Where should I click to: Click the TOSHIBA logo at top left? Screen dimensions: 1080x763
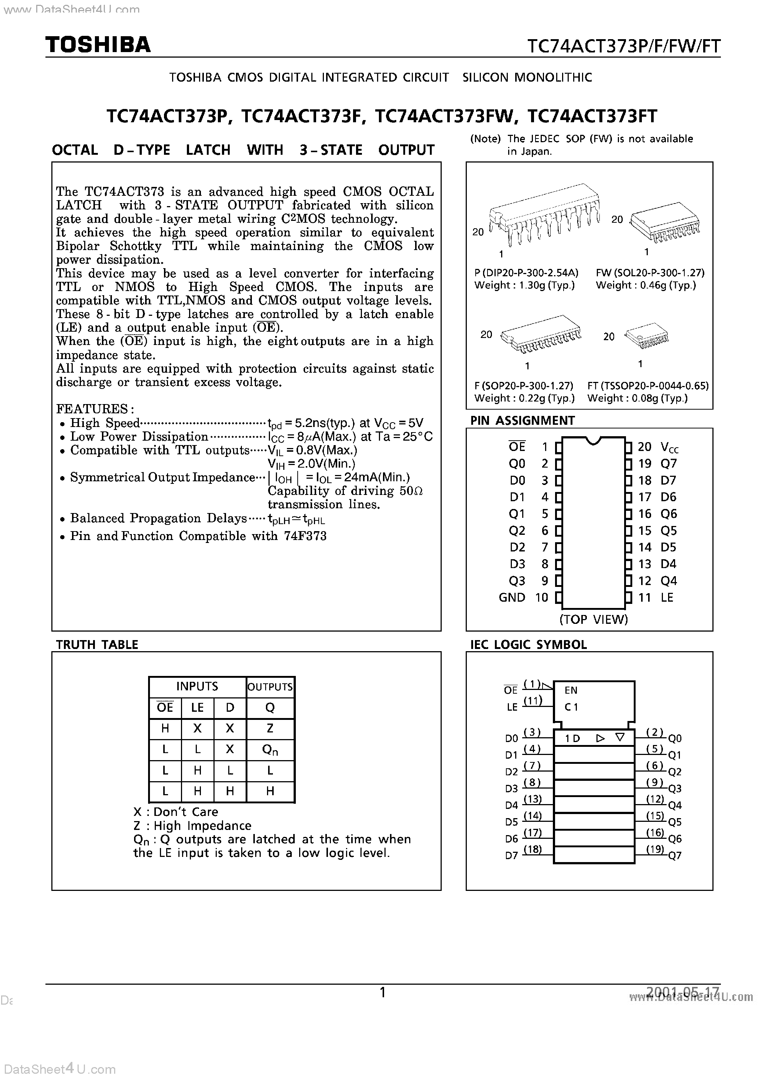98,45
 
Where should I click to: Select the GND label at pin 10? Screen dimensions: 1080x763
512,597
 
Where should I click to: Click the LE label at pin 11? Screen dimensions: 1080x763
667,597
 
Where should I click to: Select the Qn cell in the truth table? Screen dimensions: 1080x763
270,750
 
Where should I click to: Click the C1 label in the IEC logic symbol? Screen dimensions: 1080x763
571,707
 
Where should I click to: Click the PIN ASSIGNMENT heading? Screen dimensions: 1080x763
522,421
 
